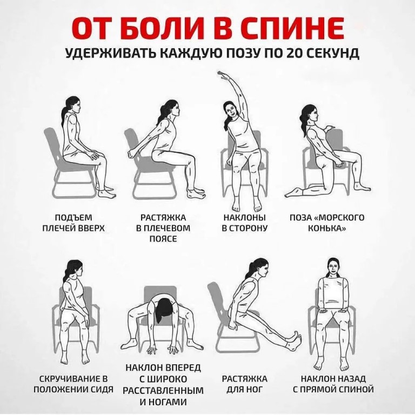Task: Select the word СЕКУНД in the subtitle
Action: coord(332,53)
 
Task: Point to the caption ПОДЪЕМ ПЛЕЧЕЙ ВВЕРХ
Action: coord(73,223)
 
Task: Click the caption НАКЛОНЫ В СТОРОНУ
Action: coord(245,223)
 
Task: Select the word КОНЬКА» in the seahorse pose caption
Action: coord(327,229)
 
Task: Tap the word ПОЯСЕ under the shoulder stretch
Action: coord(163,239)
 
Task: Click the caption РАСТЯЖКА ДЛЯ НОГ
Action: coord(245,384)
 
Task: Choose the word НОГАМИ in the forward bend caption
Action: coord(163,402)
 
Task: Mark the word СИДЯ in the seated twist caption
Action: coord(101,389)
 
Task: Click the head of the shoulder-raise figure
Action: coord(72,105)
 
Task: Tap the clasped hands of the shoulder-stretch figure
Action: coord(132,154)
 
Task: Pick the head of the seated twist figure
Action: coord(74,270)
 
